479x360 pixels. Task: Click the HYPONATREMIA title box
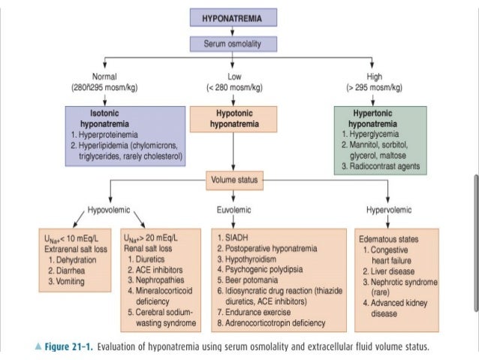[x=233, y=17]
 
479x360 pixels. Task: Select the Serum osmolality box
[x=233, y=44]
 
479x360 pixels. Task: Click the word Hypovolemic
[x=89, y=210]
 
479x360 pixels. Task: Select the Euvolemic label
[x=233, y=210]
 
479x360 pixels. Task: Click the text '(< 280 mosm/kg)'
[x=233, y=87]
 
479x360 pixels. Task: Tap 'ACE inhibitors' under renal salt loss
[x=158, y=270]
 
